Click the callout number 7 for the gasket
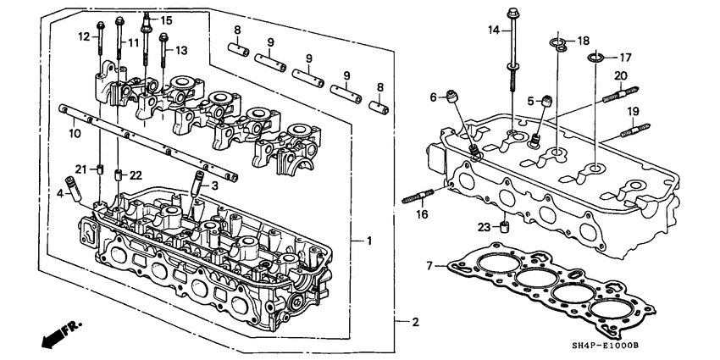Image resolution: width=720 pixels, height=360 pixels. point(429,267)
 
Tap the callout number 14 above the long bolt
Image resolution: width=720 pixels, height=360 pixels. point(495,30)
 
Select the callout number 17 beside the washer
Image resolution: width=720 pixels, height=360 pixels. point(626,58)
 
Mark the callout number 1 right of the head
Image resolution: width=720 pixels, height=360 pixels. point(369,241)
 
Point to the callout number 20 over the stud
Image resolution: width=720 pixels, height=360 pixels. point(620,75)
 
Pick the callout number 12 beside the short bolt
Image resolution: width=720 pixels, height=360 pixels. point(84,36)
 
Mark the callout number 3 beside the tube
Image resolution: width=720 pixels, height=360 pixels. point(215,185)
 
